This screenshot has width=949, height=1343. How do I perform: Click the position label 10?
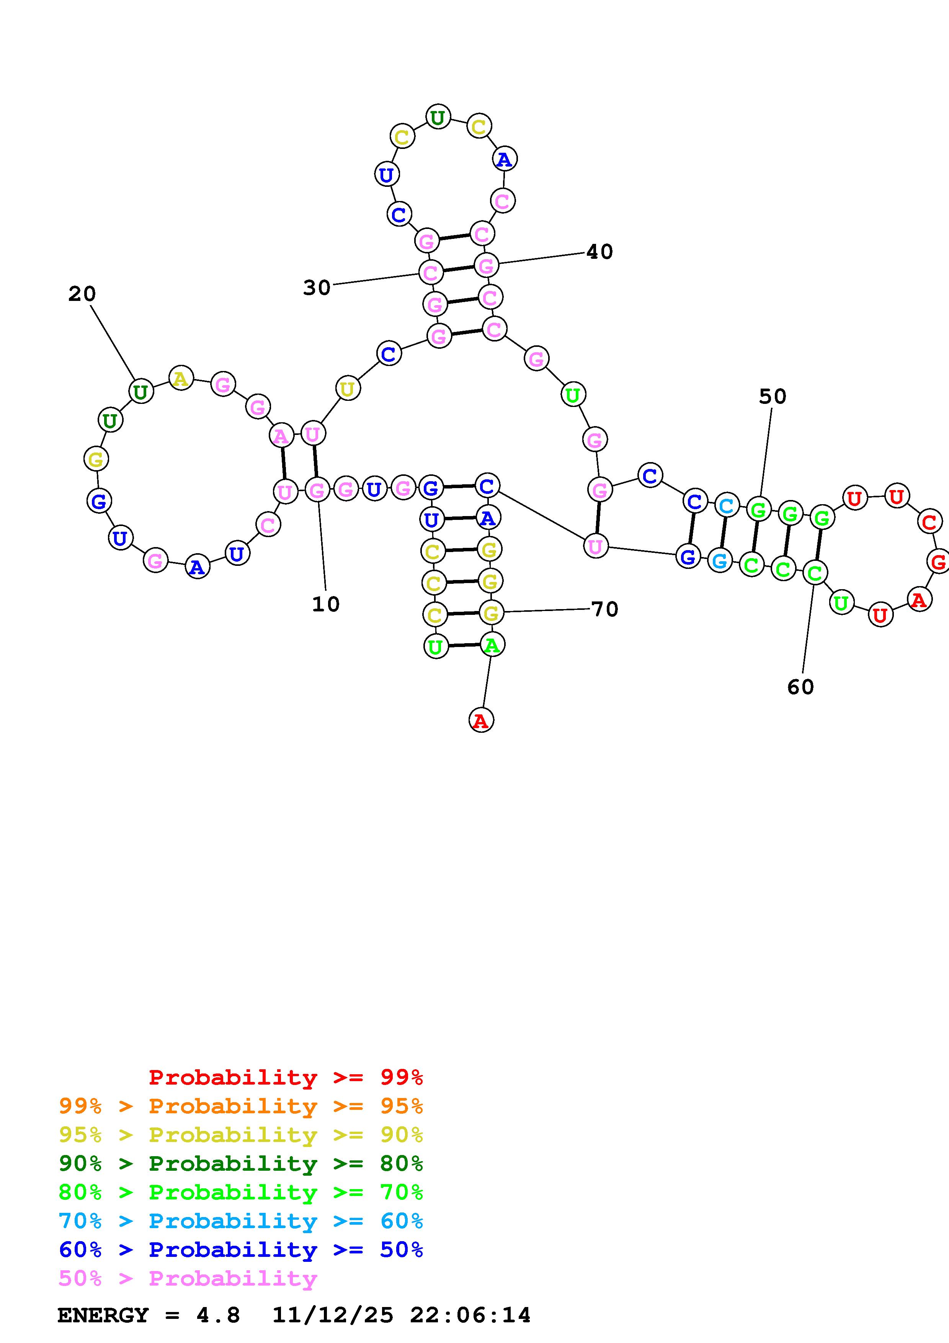point(326,604)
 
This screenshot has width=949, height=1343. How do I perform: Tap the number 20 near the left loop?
point(82,294)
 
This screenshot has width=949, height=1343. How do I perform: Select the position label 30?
point(317,287)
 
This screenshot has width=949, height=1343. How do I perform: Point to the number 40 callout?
point(599,252)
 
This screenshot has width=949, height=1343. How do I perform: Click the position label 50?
point(773,397)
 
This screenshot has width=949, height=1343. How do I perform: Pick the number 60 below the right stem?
point(800,687)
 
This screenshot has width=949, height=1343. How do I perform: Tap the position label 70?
point(604,609)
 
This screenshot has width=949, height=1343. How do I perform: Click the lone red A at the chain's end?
point(481,720)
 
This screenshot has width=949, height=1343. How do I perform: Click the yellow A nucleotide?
point(181,379)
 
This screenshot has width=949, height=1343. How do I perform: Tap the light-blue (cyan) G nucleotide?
point(720,561)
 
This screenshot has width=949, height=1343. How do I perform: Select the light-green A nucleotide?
point(492,645)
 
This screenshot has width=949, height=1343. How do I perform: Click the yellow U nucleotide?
point(347,389)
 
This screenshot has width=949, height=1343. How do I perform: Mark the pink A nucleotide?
point(281,436)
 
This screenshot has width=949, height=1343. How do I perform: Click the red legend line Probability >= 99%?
point(286,1077)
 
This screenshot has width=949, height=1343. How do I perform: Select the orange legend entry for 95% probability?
point(241,1106)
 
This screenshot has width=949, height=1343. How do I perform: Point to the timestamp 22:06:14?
point(470,1315)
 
